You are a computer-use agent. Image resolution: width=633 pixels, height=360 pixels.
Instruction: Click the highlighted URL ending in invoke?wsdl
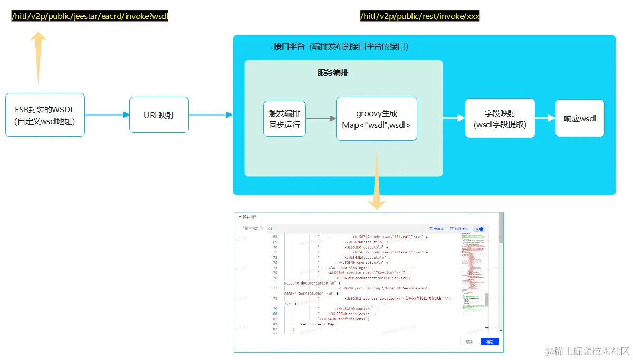[90, 16]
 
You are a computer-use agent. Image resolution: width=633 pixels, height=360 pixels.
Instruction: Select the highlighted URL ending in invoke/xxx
[420, 16]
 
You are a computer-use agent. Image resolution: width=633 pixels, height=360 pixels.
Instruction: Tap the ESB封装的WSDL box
[45, 115]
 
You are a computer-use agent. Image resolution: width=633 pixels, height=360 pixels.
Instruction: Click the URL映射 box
[159, 115]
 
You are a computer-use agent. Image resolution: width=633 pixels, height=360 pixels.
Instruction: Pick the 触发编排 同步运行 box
[284, 119]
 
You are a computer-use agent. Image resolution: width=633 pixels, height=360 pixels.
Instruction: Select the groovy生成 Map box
[376, 119]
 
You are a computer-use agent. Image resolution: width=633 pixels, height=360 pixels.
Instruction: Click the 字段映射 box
[500, 118]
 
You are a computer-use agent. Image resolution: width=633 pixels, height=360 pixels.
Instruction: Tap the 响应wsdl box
[580, 118]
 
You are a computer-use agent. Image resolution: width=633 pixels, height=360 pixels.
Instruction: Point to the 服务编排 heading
[332, 73]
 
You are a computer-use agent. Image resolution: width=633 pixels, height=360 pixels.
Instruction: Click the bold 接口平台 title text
[289, 46]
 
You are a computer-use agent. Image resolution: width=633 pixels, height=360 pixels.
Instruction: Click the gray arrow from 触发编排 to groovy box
[321, 119]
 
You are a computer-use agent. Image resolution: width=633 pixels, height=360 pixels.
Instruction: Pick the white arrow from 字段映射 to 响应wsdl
[545, 118]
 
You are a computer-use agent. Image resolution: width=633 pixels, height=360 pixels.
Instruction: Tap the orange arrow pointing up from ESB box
[38, 58]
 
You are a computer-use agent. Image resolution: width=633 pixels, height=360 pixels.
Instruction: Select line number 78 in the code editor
[275, 298]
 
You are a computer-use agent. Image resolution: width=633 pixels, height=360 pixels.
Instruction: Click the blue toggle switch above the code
[479, 229]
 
